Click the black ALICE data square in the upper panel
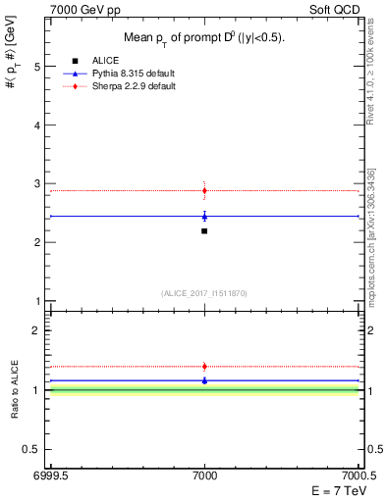pyautogui.click(x=204, y=231)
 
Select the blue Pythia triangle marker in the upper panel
pyautogui.click(x=204, y=217)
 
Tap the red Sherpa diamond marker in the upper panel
pyautogui.click(x=204, y=190)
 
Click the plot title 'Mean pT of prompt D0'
pyautogui.click(x=204, y=37)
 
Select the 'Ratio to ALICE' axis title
pyautogui.click(x=15, y=390)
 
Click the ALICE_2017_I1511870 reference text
pyautogui.click(x=204, y=293)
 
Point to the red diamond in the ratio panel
pyautogui.click(x=204, y=366)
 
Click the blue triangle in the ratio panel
pyautogui.click(x=204, y=380)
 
